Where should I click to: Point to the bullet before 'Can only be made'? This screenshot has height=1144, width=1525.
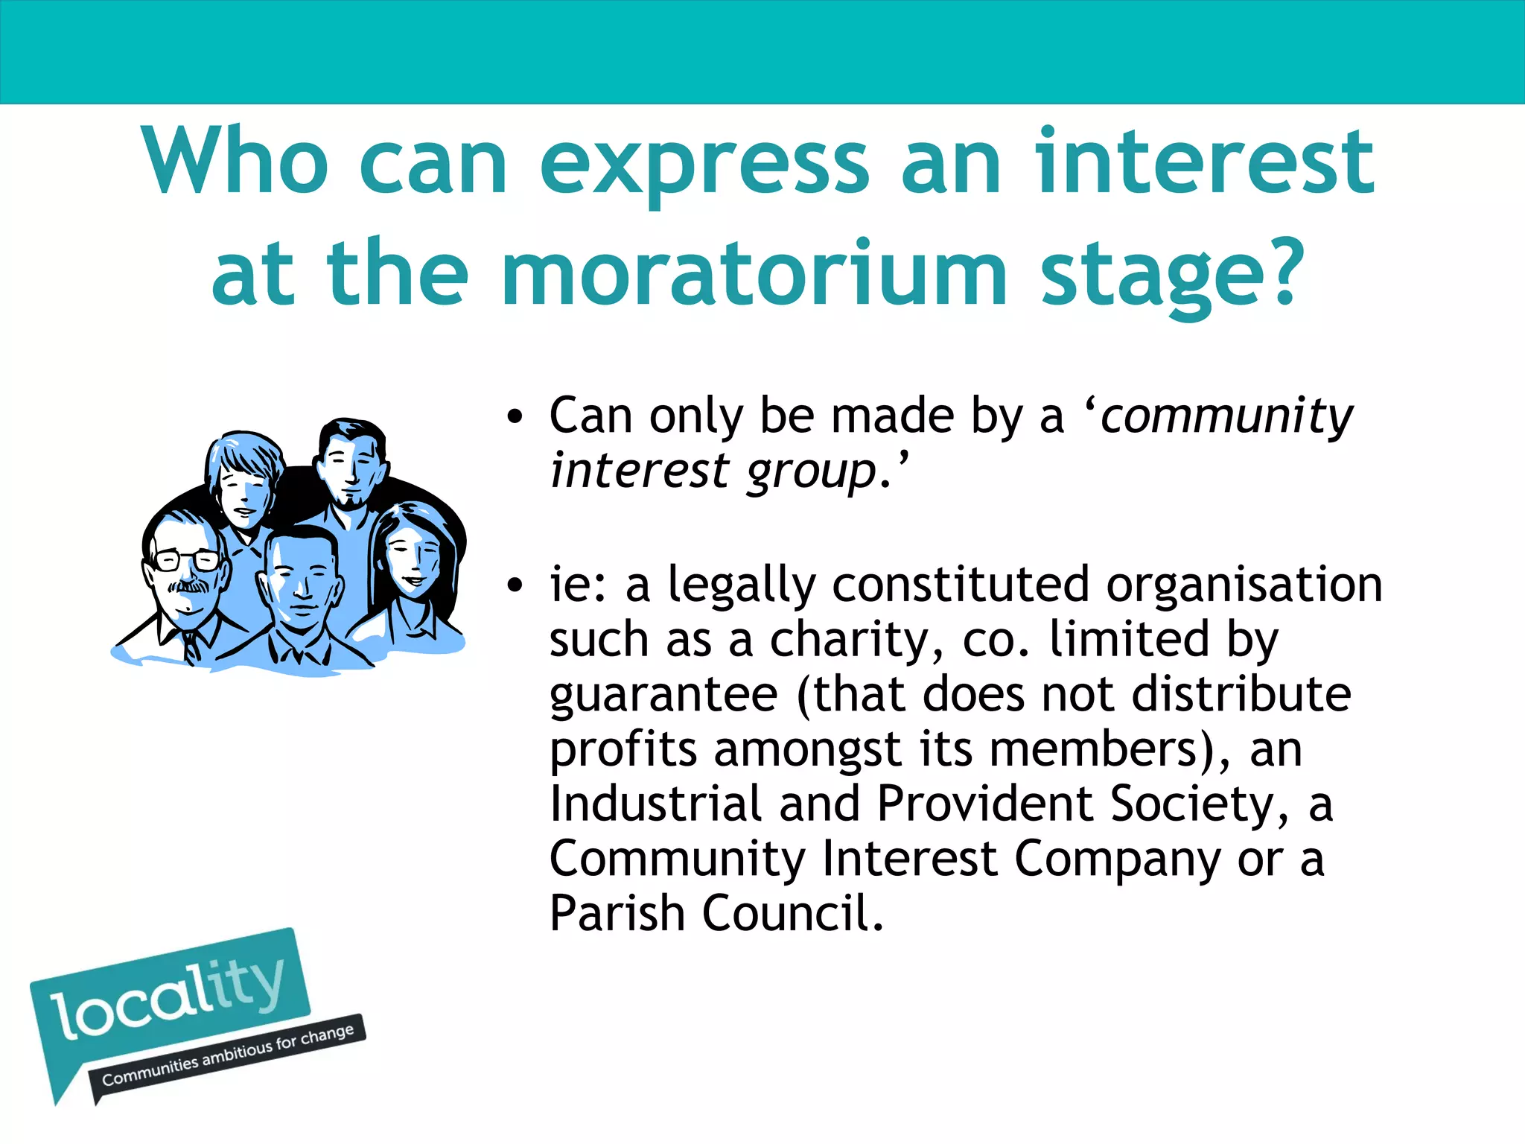point(515,417)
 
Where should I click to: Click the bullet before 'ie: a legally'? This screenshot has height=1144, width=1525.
point(515,585)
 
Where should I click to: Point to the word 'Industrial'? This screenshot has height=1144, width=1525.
point(656,804)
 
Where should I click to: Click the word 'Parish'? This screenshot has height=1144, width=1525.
point(617,915)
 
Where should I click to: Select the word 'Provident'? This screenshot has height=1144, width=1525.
point(985,804)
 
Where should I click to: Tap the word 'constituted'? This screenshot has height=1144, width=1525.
point(961,585)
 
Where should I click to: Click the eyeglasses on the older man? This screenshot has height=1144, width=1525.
point(186,559)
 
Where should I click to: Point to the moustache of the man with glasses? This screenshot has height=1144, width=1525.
point(188,586)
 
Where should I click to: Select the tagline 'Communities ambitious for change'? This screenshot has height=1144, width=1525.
point(228,1056)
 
